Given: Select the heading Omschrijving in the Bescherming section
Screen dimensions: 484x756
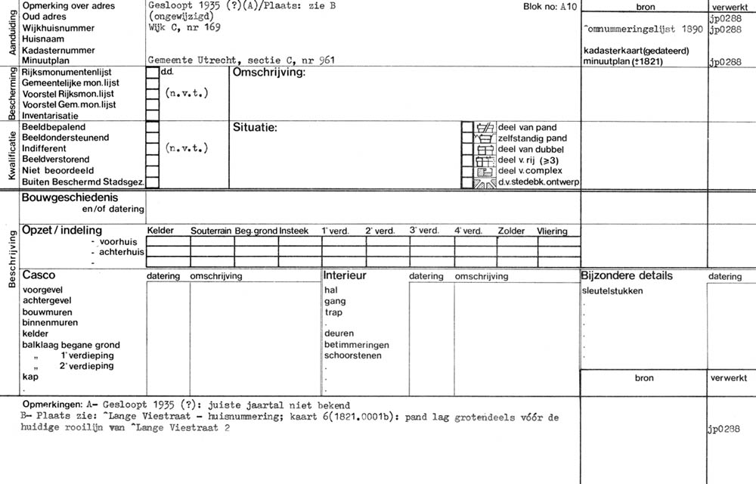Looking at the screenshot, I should point(268,73).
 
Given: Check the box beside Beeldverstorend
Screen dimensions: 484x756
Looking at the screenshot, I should point(152,160).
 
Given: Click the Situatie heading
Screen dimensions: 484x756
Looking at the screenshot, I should point(255,127).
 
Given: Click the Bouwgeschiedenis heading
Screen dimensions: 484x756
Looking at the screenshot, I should point(70,198).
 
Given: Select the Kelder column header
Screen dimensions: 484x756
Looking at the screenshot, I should point(160,231).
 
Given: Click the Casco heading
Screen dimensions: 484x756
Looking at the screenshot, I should point(39,275).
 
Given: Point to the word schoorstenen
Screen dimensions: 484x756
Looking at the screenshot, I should point(353,355).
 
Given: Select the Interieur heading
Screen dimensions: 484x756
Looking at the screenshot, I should point(345,275).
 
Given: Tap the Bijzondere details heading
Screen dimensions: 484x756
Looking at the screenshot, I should point(627,275).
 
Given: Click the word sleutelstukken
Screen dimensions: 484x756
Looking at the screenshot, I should point(612,290).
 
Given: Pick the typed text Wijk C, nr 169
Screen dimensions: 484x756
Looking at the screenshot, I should point(185,28).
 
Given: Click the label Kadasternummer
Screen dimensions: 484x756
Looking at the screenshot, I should point(59,50).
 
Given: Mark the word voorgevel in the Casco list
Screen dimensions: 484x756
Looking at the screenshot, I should point(43,290).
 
